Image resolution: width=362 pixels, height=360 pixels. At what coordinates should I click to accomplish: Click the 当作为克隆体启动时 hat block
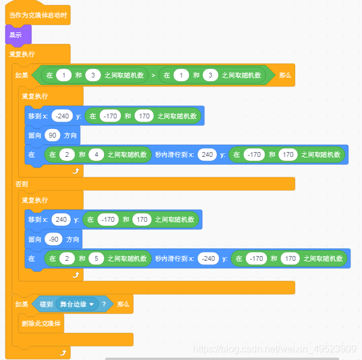click(37, 14)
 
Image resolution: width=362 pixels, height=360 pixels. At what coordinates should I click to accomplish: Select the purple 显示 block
click(16, 35)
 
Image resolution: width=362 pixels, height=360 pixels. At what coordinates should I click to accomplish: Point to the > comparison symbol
click(153, 75)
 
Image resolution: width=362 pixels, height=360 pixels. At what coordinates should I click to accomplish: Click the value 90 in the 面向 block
click(53, 135)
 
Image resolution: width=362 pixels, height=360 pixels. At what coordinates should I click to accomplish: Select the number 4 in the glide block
click(96, 154)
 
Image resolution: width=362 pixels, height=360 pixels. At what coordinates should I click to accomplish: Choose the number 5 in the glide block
click(96, 258)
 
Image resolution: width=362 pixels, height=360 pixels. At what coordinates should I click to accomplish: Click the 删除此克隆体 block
click(41, 323)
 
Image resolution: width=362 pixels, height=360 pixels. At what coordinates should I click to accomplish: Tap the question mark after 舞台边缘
click(103, 304)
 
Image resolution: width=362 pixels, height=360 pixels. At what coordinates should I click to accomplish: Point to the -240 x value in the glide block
click(207, 258)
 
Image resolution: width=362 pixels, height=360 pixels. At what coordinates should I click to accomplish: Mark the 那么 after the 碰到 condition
click(123, 304)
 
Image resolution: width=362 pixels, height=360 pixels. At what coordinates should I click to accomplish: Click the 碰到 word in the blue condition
click(46, 304)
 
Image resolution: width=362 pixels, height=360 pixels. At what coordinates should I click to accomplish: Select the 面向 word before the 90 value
click(35, 135)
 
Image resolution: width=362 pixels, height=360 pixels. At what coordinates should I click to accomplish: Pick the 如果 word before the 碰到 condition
click(22, 304)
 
